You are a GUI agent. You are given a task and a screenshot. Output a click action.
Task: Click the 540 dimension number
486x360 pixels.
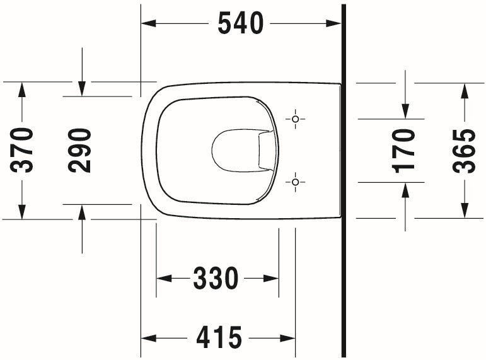[x=240, y=24]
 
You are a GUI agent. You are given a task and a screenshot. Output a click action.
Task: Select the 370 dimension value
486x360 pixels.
[x=23, y=150]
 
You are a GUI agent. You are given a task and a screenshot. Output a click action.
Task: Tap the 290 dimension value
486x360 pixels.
[x=81, y=150]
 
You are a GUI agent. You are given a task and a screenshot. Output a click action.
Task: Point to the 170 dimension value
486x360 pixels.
[x=404, y=150]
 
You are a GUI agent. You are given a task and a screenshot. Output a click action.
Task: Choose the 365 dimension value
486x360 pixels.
[x=464, y=150]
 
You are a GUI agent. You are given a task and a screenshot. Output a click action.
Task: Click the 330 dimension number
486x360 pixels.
[x=216, y=278]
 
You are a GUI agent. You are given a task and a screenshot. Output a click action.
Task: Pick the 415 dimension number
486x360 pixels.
[x=219, y=339]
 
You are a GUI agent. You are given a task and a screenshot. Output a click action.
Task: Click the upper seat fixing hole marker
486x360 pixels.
[x=295, y=119]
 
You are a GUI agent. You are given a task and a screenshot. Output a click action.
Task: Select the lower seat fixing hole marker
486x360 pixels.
[x=295, y=182]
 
